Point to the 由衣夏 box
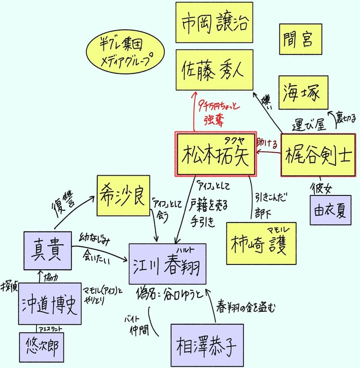coord(330,209)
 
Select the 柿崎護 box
coord(261,243)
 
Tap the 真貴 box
coord(47,250)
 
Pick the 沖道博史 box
coord(50,304)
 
